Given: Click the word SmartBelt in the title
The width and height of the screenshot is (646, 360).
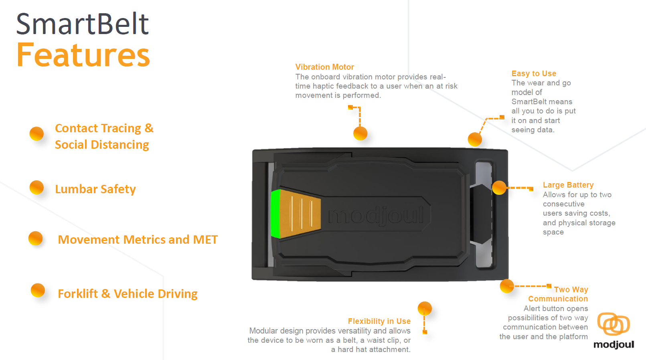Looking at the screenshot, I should coord(82,24).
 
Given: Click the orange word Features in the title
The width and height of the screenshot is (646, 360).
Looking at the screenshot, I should coord(83,55).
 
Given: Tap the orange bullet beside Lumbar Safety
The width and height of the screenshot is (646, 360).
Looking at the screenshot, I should coord(36,187).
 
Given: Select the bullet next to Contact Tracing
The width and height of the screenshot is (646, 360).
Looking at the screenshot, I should coord(36,133).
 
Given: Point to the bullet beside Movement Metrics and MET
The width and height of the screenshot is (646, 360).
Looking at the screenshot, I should coord(35,238).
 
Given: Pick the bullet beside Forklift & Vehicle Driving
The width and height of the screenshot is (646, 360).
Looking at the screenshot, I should coord(38,290).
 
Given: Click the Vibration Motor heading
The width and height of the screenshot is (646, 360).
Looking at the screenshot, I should coord(324,67).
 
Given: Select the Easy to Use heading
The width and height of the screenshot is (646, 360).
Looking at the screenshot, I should coord(533,73).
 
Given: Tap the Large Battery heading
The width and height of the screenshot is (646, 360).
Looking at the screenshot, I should coord(568,185).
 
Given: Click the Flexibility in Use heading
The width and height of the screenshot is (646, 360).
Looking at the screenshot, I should coord(379,321).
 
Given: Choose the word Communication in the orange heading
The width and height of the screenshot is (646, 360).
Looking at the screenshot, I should coord(558,299).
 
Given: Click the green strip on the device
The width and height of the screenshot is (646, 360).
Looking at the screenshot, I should coord(275,214).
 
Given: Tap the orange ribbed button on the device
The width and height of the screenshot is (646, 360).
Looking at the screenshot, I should coord(301,214).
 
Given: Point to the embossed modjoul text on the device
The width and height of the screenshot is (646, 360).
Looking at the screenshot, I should coord(376,215).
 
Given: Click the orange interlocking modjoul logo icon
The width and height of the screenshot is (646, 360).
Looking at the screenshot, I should coord(613,324).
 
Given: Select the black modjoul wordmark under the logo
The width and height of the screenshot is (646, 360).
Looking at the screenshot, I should coord(614,344).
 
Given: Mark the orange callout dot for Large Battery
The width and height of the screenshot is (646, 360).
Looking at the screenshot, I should coord(499,188).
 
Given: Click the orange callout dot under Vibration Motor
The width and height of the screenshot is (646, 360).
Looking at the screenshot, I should coord(360,133).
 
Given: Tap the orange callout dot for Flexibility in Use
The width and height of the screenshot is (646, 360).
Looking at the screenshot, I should coord(424,308).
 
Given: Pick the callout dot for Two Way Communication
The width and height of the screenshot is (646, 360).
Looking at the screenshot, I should coord(507,286).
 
